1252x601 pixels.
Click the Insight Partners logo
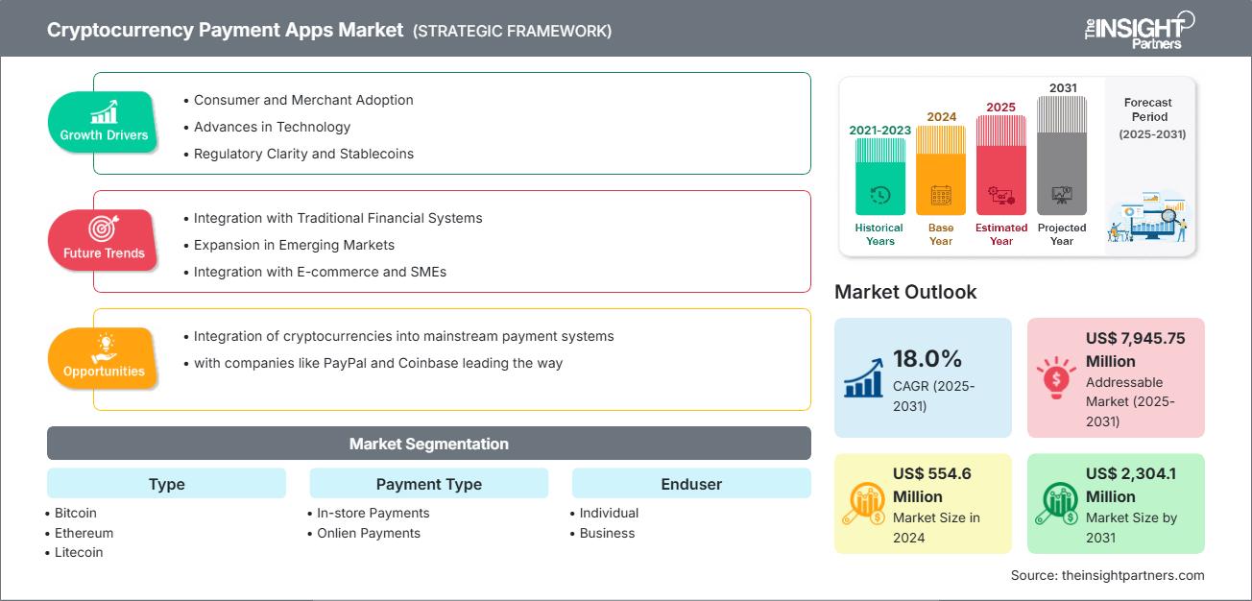pos(1139,29)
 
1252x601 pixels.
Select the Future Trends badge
pos(104,240)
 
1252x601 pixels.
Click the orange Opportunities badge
pos(104,358)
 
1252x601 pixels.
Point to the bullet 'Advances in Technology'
pos(272,127)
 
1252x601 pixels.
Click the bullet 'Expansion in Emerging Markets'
pos(294,245)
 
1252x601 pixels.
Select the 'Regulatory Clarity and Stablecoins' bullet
pos(303,154)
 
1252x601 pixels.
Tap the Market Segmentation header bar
pos(428,444)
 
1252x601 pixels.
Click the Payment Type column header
pos(428,484)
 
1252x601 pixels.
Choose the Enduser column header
pos(691,484)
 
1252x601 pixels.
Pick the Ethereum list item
pos(84,533)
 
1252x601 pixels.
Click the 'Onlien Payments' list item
pos(369,533)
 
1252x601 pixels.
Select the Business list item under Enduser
pos(607,533)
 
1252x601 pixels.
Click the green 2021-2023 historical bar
pos(879,176)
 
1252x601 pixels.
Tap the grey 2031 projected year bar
pos(1062,156)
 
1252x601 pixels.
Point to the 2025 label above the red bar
pos(1000,107)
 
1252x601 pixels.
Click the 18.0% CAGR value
pos(927,359)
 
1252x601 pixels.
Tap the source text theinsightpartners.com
pos(1107,575)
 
